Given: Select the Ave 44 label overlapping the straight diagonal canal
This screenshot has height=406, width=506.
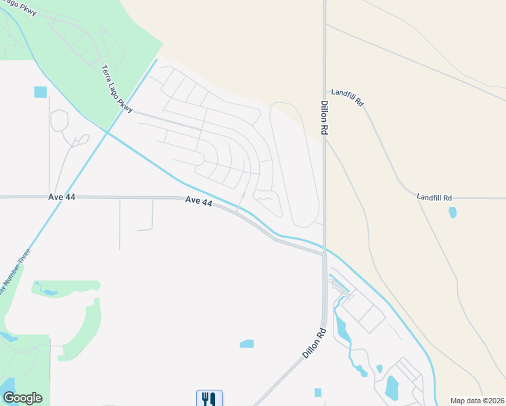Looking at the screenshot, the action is [62, 196].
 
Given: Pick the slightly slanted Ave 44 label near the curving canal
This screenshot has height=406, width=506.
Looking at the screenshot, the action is [200, 201].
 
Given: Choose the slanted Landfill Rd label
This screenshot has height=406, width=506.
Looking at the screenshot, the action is [348, 97].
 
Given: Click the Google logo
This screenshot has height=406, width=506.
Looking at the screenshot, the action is [22, 398].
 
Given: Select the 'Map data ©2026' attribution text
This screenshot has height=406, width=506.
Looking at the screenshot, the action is [476, 401].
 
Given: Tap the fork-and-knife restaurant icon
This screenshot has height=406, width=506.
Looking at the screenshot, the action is [209, 399].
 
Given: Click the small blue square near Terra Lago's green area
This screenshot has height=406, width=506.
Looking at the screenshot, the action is [41, 91].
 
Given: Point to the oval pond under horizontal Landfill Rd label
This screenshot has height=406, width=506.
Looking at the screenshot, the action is [452, 212].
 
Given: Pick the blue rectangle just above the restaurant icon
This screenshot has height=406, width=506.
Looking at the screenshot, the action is [246, 344].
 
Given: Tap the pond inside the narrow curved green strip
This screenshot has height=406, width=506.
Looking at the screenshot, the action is [49, 292].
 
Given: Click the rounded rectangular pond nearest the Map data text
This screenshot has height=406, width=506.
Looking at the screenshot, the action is [392, 388].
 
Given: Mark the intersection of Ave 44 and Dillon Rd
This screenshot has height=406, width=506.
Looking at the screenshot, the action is [324, 252].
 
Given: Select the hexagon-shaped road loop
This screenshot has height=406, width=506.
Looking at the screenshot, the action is [59, 120].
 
